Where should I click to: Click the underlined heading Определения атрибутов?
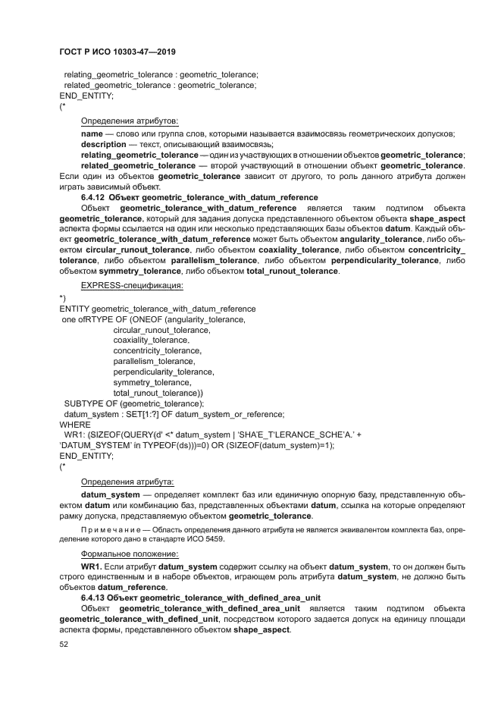(129, 121)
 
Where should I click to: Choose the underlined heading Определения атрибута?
(127, 482)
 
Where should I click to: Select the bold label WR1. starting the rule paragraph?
(91, 566)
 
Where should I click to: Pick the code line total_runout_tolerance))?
(158, 394)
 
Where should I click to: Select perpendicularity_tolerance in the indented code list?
(164, 372)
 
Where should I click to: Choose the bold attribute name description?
(104, 144)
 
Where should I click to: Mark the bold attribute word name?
(92, 133)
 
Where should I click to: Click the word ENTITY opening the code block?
(74, 309)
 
